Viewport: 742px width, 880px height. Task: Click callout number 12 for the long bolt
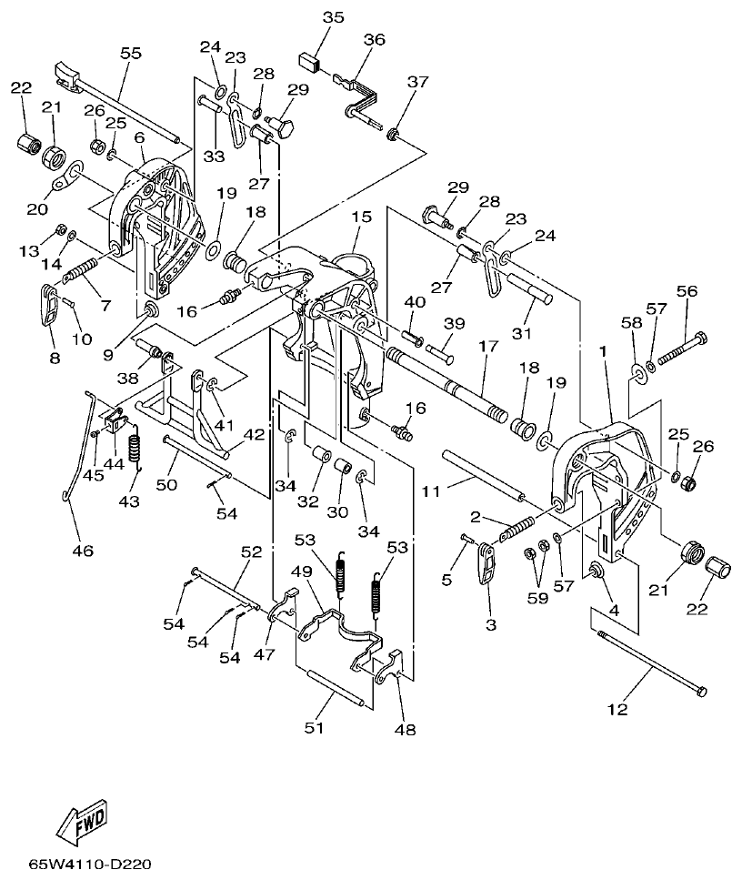(x=618, y=709)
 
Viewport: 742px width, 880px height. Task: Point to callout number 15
(x=362, y=217)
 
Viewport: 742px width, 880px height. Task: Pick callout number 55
(x=131, y=54)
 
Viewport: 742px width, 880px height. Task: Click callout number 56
(x=687, y=292)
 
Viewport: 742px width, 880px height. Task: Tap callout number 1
(x=605, y=350)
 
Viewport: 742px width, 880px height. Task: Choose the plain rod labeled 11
(x=480, y=473)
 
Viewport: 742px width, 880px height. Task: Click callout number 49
(x=300, y=571)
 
